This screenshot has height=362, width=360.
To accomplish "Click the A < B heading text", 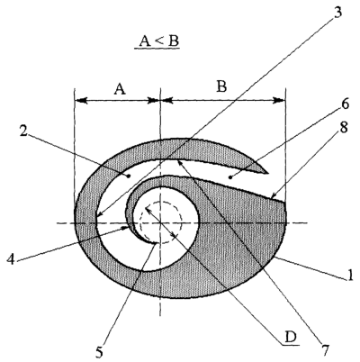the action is (157, 41).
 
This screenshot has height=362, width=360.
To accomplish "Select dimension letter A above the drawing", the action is (120, 89).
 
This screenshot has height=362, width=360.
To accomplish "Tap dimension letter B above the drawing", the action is (222, 87).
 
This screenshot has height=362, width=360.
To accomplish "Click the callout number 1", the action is (350, 276).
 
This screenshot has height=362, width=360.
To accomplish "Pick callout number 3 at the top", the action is (337, 14).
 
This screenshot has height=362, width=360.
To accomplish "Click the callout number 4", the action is (11, 259).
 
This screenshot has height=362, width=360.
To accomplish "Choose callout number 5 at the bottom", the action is (99, 353).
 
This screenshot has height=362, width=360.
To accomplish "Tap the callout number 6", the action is (345, 104).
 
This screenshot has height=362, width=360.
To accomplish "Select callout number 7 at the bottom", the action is (325, 349).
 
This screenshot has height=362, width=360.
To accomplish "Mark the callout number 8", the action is (344, 128).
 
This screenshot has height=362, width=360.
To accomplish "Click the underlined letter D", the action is (291, 338).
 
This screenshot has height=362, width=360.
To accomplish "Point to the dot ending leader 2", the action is (129, 176).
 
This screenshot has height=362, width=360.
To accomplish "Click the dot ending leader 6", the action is (230, 177).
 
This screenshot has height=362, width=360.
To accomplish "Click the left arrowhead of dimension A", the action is (81, 101).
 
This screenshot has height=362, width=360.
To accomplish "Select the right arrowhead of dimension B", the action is (278, 101).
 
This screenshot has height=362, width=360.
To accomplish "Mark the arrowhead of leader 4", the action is (127, 229).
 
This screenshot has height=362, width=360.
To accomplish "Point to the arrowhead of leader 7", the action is (181, 164).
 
